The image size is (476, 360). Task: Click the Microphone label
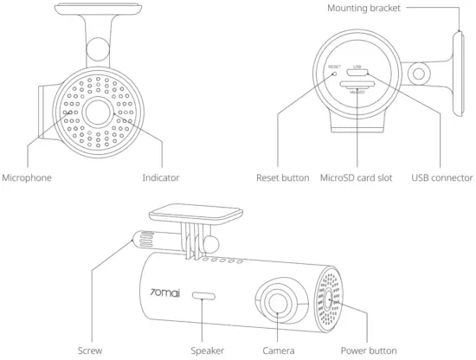point(27,178)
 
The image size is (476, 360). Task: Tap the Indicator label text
point(160,178)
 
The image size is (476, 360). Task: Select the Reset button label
point(282,178)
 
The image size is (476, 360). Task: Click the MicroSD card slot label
point(356,178)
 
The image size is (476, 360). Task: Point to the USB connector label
point(441,178)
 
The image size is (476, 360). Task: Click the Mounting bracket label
point(363,7)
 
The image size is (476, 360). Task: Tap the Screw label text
point(89,350)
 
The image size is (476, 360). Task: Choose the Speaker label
point(207,350)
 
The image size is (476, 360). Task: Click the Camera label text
point(280,350)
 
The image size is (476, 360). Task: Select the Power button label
point(370,350)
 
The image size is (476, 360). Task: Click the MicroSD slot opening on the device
point(357,85)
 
